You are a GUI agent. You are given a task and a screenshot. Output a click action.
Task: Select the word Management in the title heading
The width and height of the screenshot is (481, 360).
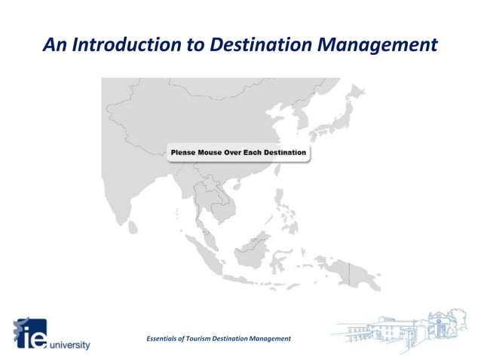coord(377,44)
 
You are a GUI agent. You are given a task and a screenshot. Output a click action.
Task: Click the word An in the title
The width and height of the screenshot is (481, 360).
coord(55,44)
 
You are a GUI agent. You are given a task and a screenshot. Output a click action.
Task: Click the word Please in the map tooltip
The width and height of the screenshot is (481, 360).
coord(183,153)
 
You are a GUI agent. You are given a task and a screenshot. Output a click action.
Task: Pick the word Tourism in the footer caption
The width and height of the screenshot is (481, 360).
coord(210,339)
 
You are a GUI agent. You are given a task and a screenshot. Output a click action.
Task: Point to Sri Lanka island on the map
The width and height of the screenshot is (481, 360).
coord(133,226)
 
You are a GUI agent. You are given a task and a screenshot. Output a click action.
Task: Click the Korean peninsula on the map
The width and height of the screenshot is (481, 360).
coord(303,119)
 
